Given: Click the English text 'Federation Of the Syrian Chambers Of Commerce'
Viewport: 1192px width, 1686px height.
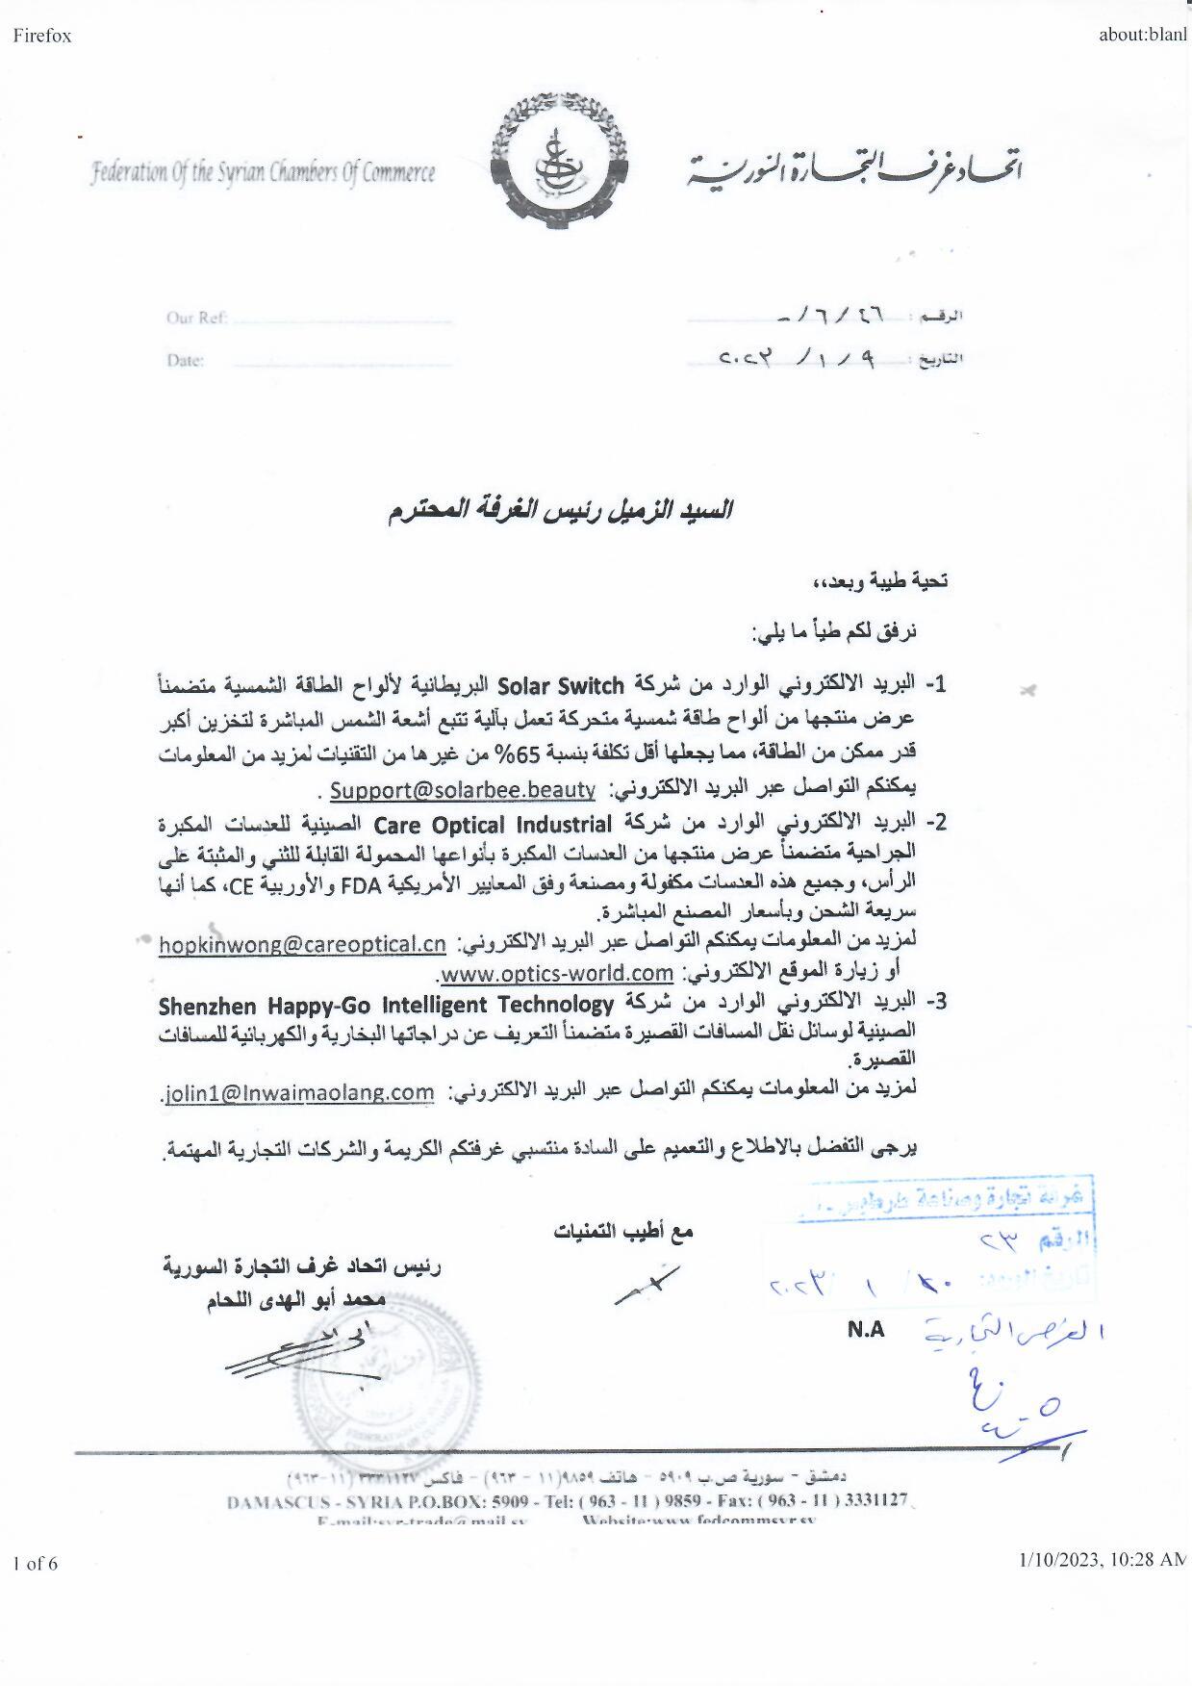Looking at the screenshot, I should click(x=263, y=174).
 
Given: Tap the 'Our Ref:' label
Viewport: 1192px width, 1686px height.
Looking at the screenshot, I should click(x=197, y=319).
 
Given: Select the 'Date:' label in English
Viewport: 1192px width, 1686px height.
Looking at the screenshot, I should click(x=185, y=361).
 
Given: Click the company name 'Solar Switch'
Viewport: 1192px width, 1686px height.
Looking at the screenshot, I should click(x=561, y=686).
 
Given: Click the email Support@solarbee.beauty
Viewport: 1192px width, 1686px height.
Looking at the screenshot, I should click(x=463, y=790).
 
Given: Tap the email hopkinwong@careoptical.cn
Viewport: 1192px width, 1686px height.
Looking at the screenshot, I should click(x=302, y=944).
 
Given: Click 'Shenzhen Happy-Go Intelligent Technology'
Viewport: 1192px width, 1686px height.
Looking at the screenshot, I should click(x=386, y=1006).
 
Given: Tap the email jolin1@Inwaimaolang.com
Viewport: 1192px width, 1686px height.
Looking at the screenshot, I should click(x=299, y=1093).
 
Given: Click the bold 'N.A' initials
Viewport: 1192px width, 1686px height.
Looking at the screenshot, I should click(x=866, y=1330).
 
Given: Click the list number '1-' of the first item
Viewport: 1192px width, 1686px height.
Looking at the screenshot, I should click(x=935, y=685).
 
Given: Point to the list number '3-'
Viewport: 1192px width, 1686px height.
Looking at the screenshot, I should click(x=935, y=1002).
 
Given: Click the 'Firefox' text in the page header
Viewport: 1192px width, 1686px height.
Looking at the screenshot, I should click(x=42, y=37).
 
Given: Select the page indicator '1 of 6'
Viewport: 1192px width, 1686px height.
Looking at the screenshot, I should click(x=36, y=1564).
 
